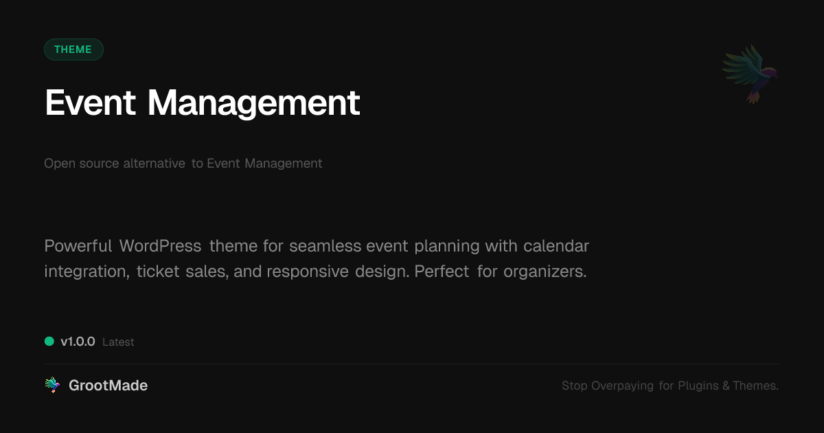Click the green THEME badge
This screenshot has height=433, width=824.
pyautogui.click(x=73, y=49)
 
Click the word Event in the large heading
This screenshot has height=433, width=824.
pyautogui.click(x=90, y=103)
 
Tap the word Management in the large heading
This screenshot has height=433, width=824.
pyautogui.click(x=253, y=104)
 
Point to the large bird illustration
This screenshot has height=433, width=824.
pyautogui.click(x=751, y=73)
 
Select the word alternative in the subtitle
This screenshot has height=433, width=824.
pyautogui.click(x=154, y=164)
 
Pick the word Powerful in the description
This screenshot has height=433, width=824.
pyautogui.click(x=78, y=246)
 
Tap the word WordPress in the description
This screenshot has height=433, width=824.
pyautogui.click(x=160, y=246)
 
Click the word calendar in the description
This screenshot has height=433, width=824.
pyautogui.click(x=556, y=246)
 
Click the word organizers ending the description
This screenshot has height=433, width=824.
pyautogui.click(x=545, y=271)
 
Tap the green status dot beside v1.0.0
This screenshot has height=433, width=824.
pyautogui.click(x=49, y=341)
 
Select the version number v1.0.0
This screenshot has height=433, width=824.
pyautogui.click(x=78, y=342)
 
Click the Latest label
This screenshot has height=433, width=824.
pyautogui.click(x=118, y=342)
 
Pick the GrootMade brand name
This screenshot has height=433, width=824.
pyautogui.click(x=108, y=386)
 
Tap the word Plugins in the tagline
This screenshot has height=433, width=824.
pyautogui.click(x=698, y=386)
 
